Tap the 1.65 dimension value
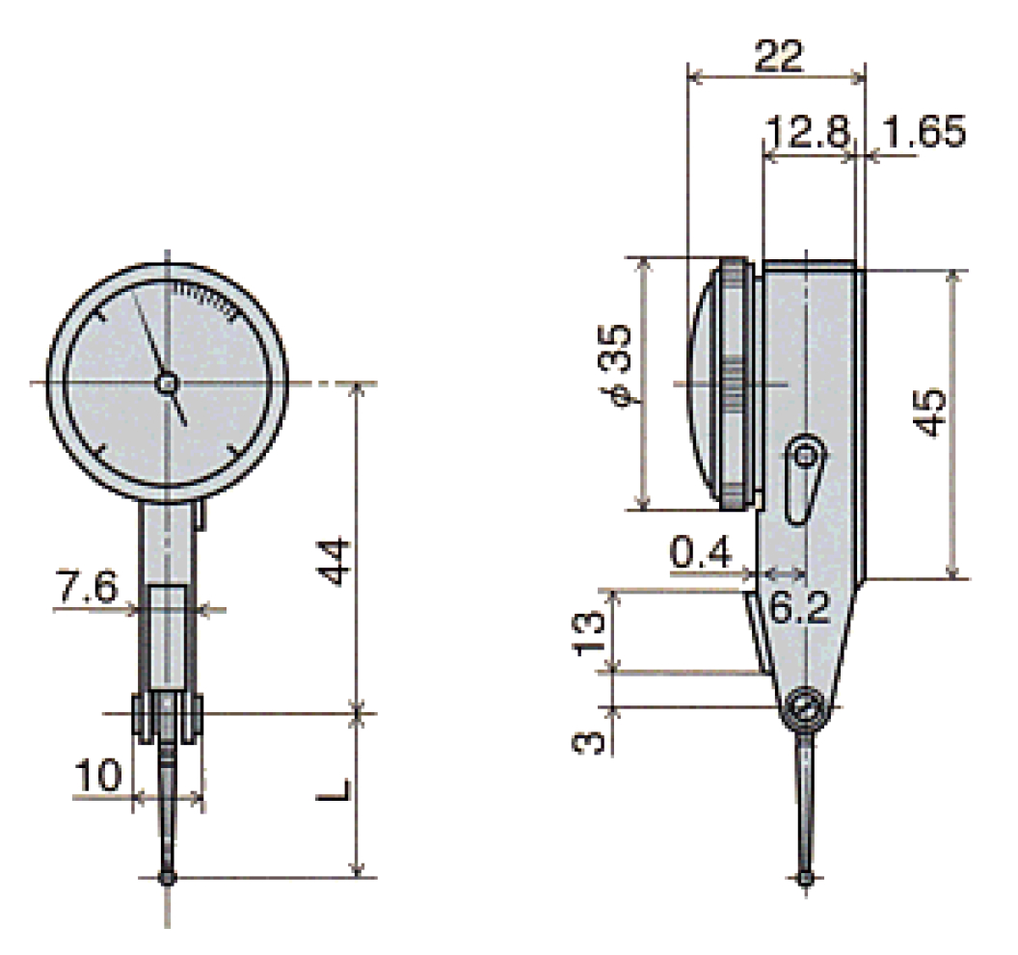(x=923, y=133)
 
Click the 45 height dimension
(x=928, y=413)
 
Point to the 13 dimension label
(x=590, y=631)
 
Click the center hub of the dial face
(x=167, y=384)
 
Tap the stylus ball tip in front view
(x=170, y=877)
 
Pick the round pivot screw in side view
(x=803, y=710)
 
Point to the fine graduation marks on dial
(x=205, y=298)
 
